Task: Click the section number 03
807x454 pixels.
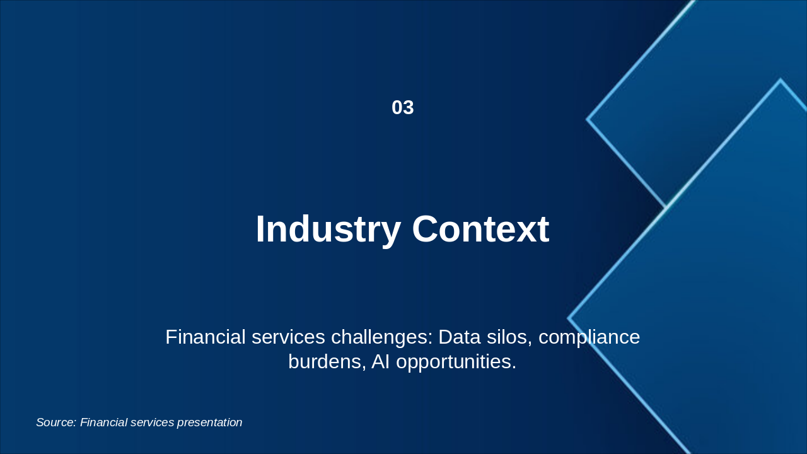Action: tap(402, 108)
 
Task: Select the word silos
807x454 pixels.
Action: tap(507, 337)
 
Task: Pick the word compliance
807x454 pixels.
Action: tap(589, 337)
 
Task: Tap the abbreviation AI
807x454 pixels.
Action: tap(380, 362)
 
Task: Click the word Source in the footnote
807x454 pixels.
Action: tap(56, 422)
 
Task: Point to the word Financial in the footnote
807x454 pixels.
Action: tap(104, 422)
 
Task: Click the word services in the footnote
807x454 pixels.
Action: tap(152, 422)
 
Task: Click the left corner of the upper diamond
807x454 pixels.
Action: tap(588, 119)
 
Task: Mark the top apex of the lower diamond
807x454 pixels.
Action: tap(780, 80)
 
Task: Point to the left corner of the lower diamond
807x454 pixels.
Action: tap(569, 318)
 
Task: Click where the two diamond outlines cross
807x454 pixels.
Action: tap(666, 207)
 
